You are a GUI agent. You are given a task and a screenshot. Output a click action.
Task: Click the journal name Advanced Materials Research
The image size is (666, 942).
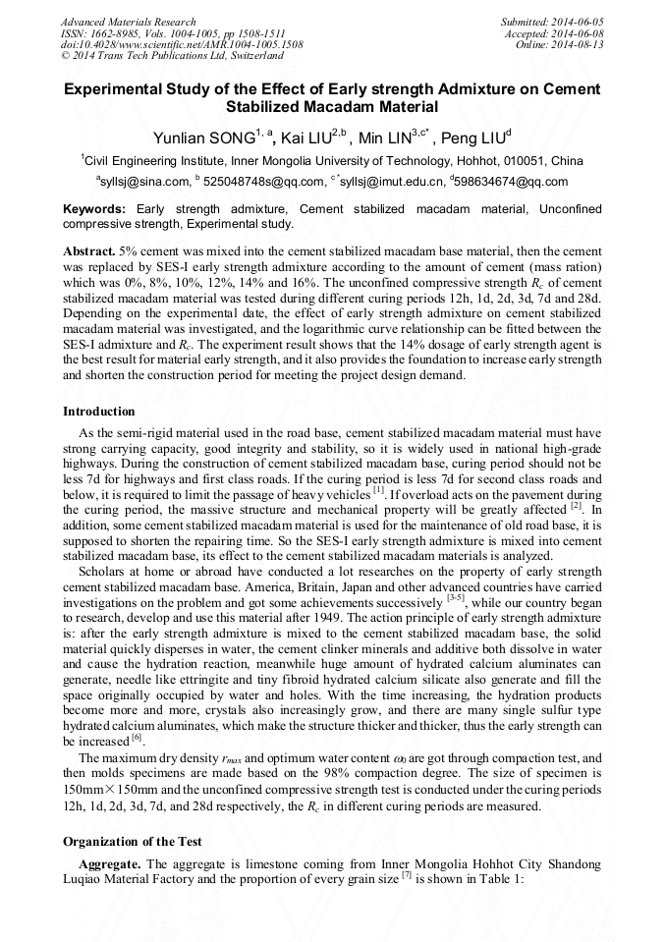(128, 22)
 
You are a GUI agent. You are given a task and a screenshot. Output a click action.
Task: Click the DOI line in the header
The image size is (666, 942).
(182, 44)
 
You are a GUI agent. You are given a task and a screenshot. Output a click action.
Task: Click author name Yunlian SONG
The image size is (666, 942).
(201, 137)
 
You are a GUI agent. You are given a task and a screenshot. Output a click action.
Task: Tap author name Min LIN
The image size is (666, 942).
(384, 137)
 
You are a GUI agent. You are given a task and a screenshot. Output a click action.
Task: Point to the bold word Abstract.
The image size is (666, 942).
(89, 251)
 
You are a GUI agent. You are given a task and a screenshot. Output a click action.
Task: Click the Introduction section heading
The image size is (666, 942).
(98, 411)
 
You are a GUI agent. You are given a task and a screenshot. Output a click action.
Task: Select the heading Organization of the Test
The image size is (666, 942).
(133, 841)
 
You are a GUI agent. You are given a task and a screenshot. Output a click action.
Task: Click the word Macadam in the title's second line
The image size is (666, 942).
(333, 107)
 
